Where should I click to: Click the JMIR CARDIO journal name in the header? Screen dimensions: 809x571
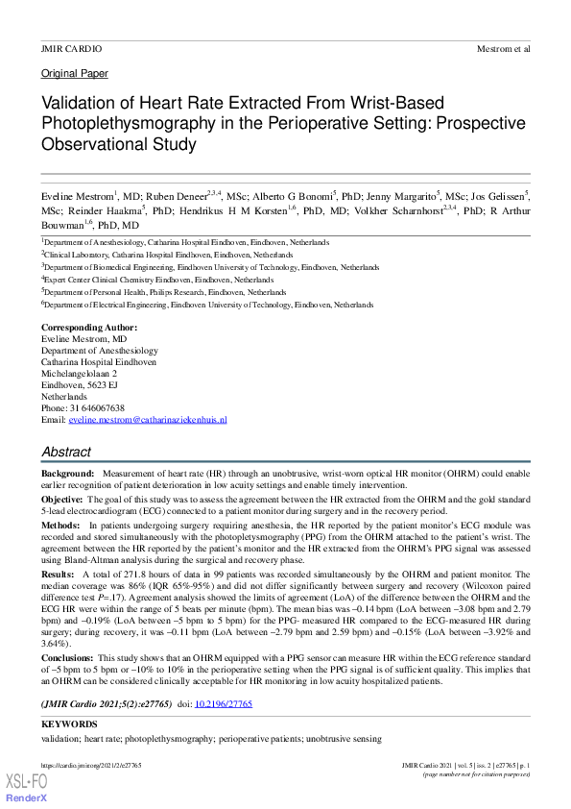(x=71, y=48)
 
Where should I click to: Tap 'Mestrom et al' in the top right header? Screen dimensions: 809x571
(x=504, y=48)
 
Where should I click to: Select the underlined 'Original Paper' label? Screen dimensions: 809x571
(x=75, y=74)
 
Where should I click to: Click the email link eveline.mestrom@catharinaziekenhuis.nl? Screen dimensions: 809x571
(x=147, y=420)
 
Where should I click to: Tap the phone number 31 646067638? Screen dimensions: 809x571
(x=96, y=408)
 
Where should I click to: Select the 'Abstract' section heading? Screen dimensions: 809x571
(x=66, y=452)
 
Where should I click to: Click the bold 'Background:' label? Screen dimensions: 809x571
(x=68, y=475)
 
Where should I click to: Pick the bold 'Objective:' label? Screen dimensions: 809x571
(x=62, y=501)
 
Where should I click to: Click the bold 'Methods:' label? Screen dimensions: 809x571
(x=60, y=526)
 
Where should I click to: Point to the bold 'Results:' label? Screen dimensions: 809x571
(x=59, y=574)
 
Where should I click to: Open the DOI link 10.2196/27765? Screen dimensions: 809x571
(x=223, y=704)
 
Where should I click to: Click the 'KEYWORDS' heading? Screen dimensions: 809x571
(x=69, y=723)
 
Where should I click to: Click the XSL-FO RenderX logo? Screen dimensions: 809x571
(x=27, y=788)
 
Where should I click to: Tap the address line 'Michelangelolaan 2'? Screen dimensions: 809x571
(x=79, y=374)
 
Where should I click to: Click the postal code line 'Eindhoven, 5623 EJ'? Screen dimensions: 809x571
(x=80, y=385)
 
